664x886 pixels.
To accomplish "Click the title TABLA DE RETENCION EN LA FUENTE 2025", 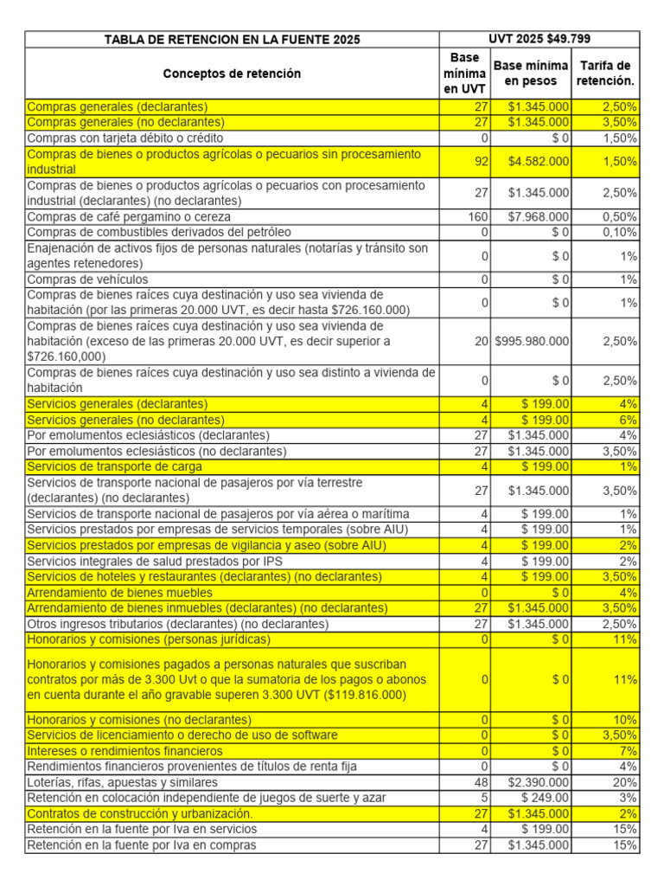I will pos(232,40).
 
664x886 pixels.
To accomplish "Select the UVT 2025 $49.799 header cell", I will pos(539,39).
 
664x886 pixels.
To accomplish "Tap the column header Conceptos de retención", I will pos(232,74).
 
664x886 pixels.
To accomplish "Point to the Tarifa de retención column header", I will pos(605,74).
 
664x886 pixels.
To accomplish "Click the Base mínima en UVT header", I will pos(465,74).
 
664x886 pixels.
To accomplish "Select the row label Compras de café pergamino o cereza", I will pos(129,216).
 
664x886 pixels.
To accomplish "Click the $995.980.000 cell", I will pos(532,341).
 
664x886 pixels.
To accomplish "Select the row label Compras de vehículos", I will pos(87,279).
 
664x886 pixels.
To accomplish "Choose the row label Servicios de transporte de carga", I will pos(114,466).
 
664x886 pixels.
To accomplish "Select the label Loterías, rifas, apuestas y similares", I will pos(131,781).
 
